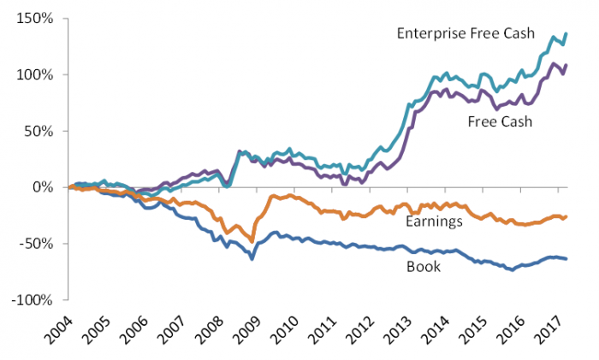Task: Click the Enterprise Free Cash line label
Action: pyautogui.click(x=465, y=33)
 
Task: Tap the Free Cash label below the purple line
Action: pyautogui.click(x=500, y=121)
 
